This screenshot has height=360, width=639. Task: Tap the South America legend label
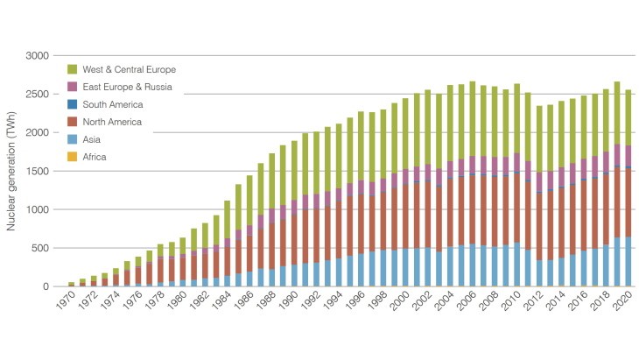point(111,104)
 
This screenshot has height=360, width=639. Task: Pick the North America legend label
point(111,122)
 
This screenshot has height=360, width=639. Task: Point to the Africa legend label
point(97,157)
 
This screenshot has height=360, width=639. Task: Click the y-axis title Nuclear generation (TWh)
point(11,170)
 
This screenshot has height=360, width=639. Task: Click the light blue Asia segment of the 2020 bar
point(629,262)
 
